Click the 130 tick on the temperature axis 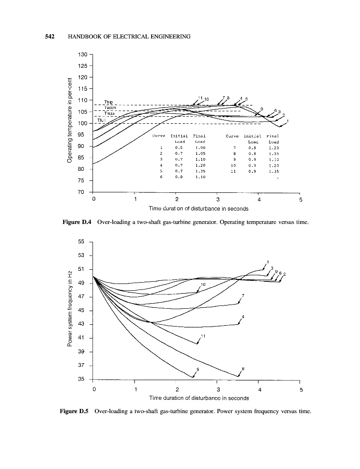83,55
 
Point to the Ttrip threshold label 109,102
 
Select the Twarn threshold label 110,108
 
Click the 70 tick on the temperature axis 83,192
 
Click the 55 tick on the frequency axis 83,241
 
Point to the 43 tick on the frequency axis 83,324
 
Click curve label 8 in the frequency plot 243,368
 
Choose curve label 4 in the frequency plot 243,317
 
